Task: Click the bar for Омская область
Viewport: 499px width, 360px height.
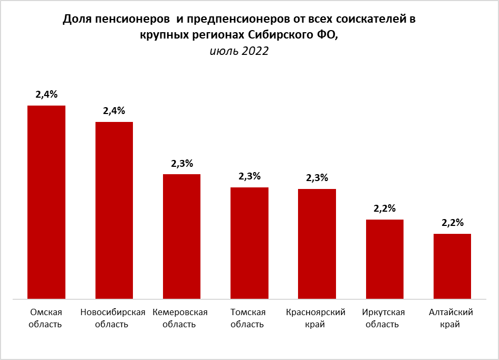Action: pos(46,202)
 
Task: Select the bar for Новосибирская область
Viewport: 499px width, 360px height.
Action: pos(114,211)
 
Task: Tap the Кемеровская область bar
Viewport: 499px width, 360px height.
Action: pos(181,236)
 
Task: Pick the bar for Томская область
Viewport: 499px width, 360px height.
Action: pos(249,243)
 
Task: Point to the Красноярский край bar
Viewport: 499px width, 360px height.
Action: pos(317,244)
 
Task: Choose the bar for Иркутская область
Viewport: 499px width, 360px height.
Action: pos(385,259)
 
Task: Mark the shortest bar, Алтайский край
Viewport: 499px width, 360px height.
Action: pos(452,267)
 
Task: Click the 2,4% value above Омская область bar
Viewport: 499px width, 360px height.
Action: pos(46,95)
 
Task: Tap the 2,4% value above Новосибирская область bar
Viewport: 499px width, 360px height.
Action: pos(114,111)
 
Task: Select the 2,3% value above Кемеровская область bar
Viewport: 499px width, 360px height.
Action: pos(181,164)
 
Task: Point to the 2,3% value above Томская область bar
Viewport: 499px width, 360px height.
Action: pos(249,176)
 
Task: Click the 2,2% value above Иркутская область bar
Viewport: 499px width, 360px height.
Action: pos(385,209)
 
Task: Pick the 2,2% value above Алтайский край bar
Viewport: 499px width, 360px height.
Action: pos(452,223)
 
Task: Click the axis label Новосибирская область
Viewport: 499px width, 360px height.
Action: pos(112,318)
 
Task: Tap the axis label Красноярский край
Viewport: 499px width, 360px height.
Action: pos(315,318)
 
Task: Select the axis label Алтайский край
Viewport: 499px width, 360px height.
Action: pos(452,318)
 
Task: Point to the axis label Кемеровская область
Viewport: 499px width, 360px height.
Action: pos(180,318)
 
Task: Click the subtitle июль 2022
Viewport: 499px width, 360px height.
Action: pos(239,51)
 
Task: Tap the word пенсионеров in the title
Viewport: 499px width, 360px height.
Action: pos(125,20)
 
